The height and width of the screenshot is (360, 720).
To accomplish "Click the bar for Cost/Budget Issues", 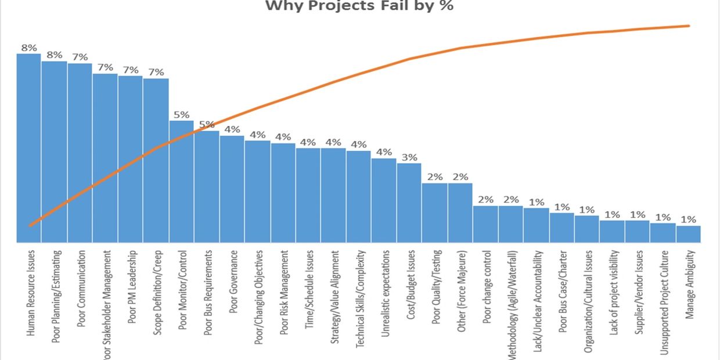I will click(409, 203).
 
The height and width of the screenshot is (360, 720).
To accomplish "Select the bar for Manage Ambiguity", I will click(689, 234).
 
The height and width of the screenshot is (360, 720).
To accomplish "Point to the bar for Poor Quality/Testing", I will click(434, 213).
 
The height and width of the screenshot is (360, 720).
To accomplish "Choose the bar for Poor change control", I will click(485, 224).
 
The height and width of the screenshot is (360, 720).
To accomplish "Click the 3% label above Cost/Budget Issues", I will click(409, 157).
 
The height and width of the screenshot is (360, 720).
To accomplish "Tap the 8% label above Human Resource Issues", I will click(29, 48).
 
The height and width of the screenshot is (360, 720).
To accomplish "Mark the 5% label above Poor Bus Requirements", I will click(207, 124).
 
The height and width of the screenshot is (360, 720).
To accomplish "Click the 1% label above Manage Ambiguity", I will click(689, 219).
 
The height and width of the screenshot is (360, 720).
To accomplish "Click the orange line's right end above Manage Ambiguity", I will click(689, 26).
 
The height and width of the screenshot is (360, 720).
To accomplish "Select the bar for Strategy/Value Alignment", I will click(333, 195).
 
